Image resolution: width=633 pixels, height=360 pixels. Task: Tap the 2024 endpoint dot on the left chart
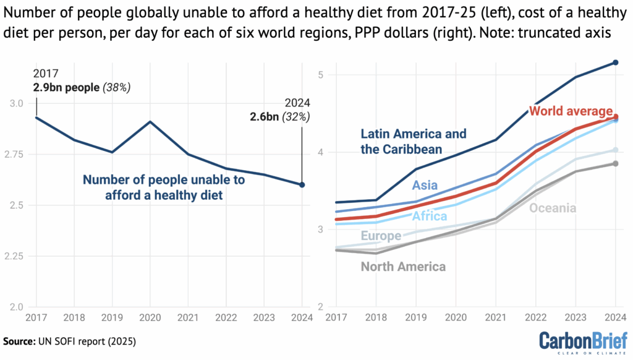[302, 184]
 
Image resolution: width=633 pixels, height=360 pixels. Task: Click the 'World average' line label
[571, 111]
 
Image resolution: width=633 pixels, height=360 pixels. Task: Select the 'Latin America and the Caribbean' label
[414, 142]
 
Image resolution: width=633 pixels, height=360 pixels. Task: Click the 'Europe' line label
[381, 236]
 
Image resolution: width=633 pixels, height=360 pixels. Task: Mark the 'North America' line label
[403, 267]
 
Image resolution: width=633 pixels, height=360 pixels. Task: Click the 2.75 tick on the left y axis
[20, 154]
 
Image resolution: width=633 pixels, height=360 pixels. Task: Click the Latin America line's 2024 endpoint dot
[616, 62]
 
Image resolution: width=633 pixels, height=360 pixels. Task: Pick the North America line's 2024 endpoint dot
[616, 163]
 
